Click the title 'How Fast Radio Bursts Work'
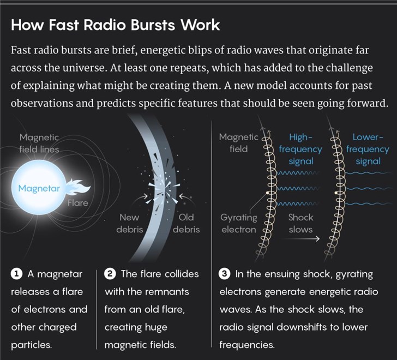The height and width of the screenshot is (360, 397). point(115,25)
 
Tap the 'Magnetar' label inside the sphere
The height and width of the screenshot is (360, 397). point(39,189)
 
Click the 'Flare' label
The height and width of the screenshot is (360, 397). point(77,203)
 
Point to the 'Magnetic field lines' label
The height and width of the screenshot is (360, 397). point(39,143)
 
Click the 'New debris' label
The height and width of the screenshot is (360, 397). point(129,223)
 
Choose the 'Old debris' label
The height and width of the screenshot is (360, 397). point(186,223)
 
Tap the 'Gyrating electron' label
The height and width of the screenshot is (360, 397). point(239,223)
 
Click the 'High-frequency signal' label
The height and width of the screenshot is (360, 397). point(300,149)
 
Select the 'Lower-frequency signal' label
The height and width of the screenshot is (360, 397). point(368,149)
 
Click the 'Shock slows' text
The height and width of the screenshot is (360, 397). point(301,223)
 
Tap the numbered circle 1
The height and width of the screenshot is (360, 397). point(16,274)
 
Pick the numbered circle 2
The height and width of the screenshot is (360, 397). point(110,274)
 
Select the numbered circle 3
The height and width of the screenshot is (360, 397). point(225,274)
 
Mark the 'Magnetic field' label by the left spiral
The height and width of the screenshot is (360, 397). point(238,143)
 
